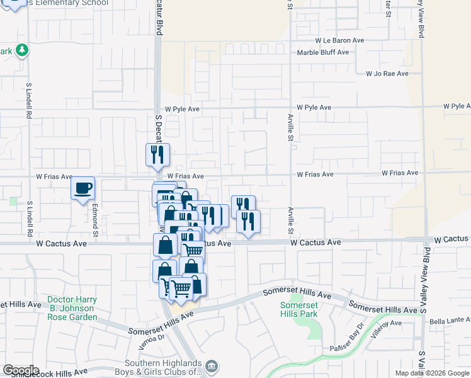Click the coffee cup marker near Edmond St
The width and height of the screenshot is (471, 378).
[82, 188]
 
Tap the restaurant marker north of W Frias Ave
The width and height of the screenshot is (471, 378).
[157, 154]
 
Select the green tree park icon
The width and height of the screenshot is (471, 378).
[22, 50]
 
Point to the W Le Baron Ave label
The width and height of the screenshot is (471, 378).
[341, 40]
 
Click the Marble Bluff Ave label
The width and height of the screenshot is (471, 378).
[323, 52]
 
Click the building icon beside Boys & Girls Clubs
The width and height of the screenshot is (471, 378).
[212, 366]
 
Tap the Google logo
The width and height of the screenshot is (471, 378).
[21, 371]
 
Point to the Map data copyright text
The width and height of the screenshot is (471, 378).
[432, 373]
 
